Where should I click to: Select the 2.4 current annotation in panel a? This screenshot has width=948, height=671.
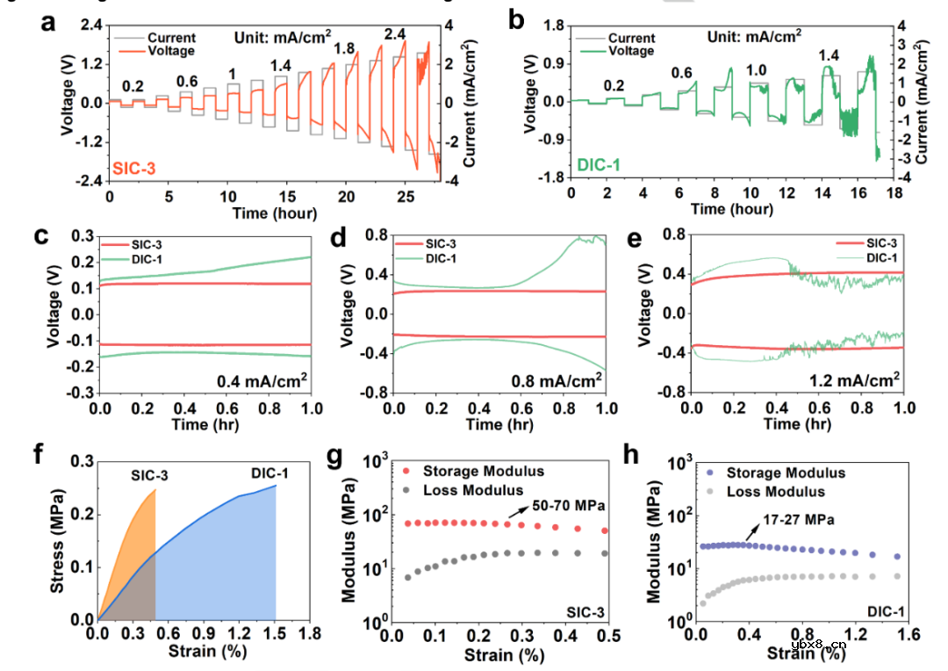[x=394, y=34]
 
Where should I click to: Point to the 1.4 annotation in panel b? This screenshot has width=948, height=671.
[x=829, y=56]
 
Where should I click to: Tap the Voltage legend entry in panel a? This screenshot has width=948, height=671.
[x=172, y=51]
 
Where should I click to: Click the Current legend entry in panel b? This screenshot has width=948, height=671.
[x=630, y=38]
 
